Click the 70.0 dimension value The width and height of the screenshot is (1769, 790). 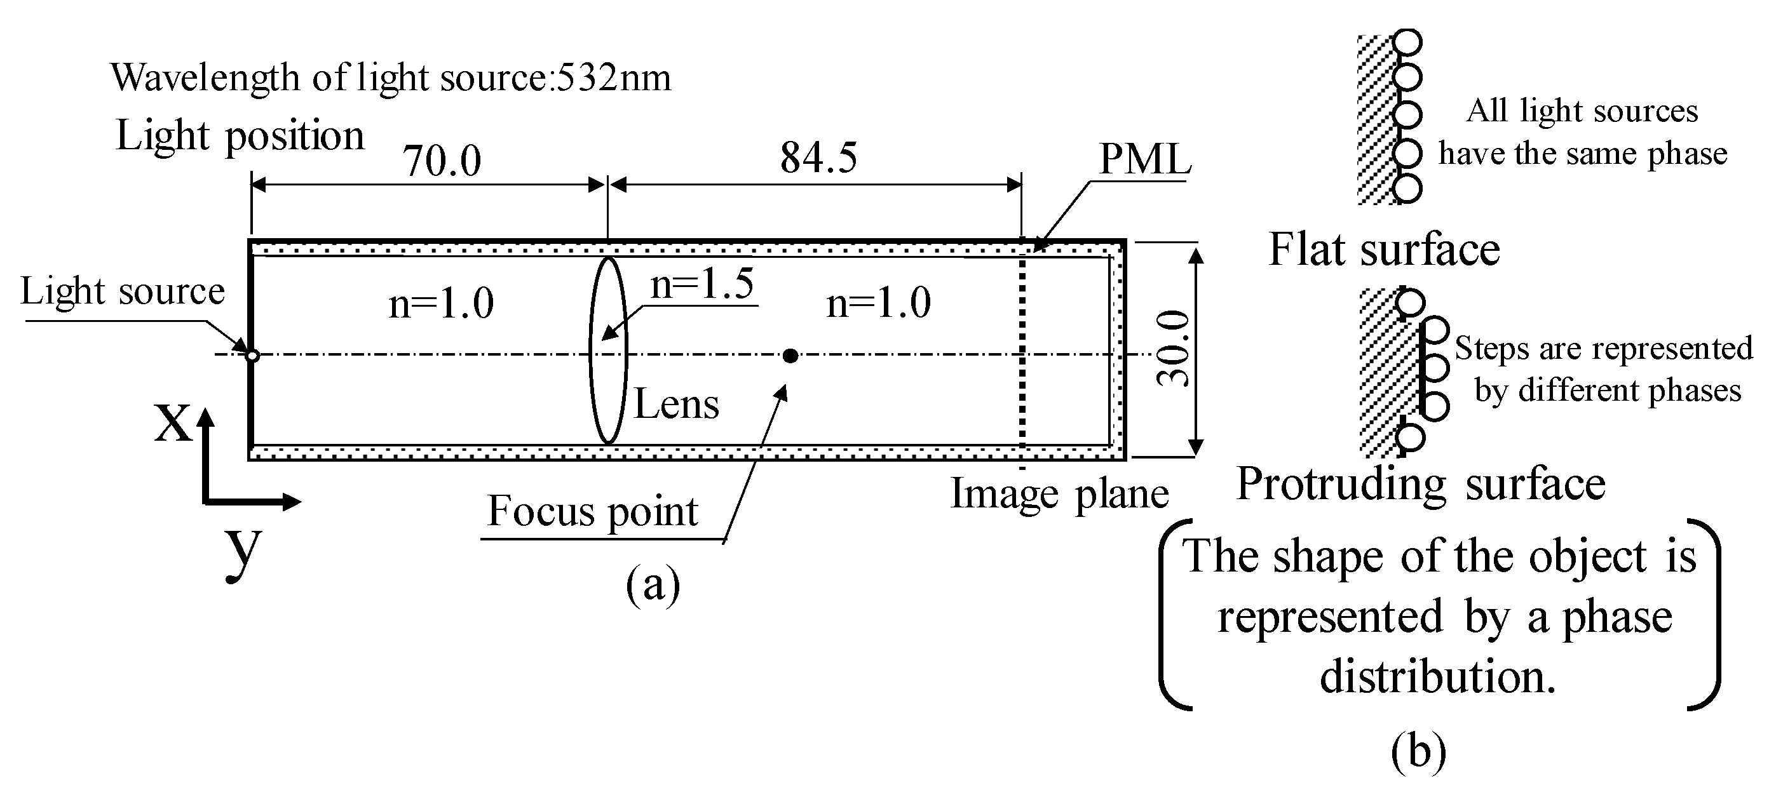click(442, 161)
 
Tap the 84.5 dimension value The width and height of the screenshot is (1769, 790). click(818, 157)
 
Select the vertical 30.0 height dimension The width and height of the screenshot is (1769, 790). click(1173, 349)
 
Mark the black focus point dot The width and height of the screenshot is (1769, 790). click(790, 356)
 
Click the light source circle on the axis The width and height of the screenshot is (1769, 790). click(252, 356)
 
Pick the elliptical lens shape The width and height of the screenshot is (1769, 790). click(607, 350)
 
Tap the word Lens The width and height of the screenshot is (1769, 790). click(675, 404)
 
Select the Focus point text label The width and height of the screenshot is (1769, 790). click(592, 511)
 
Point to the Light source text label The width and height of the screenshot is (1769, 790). click(122, 291)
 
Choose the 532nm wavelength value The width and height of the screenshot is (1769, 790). click(613, 77)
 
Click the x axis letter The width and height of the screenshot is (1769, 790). click(172, 421)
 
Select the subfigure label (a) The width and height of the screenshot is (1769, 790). click(653, 585)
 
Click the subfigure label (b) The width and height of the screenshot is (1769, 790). click(1418, 751)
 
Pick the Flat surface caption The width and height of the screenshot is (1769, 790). click(1384, 249)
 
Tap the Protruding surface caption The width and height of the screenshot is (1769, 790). click(1421, 484)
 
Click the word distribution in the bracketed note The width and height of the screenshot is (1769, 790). click(1437, 676)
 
